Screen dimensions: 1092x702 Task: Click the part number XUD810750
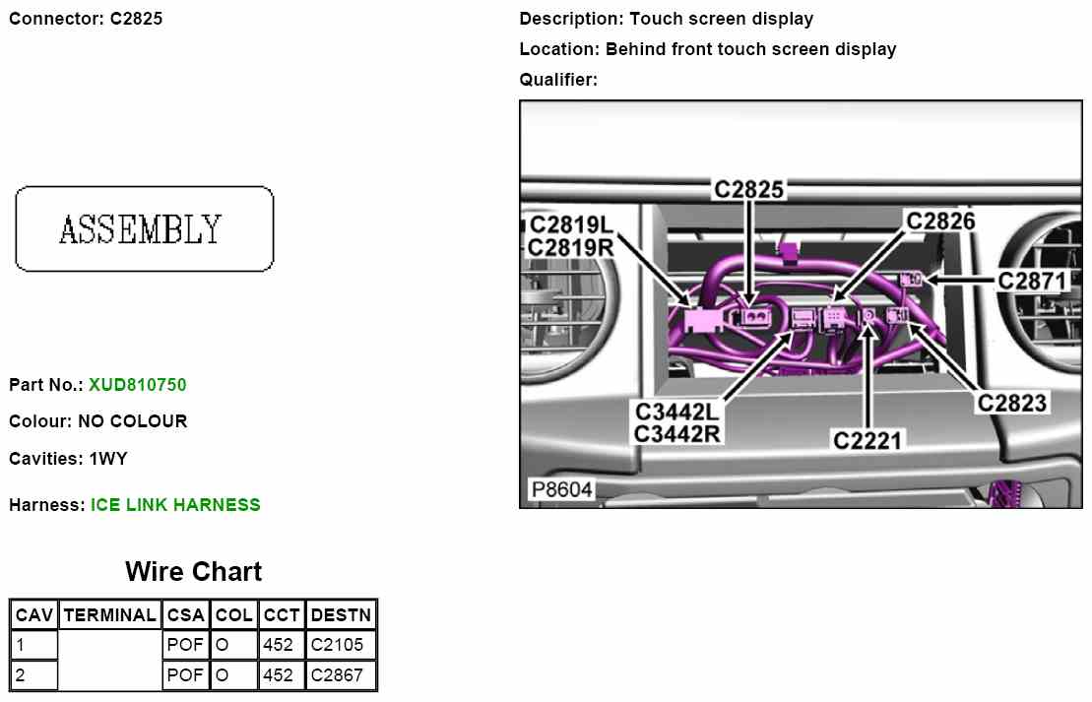click(x=137, y=385)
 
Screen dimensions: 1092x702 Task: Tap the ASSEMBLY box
click(x=145, y=228)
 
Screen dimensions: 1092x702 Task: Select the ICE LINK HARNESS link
click(x=175, y=505)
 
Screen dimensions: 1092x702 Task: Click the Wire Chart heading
click(x=194, y=572)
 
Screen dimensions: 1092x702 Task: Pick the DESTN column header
click(x=342, y=615)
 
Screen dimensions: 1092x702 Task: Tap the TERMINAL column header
click(x=110, y=615)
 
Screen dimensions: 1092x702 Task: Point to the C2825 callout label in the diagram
click(x=749, y=189)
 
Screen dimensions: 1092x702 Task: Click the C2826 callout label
click(x=940, y=222)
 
